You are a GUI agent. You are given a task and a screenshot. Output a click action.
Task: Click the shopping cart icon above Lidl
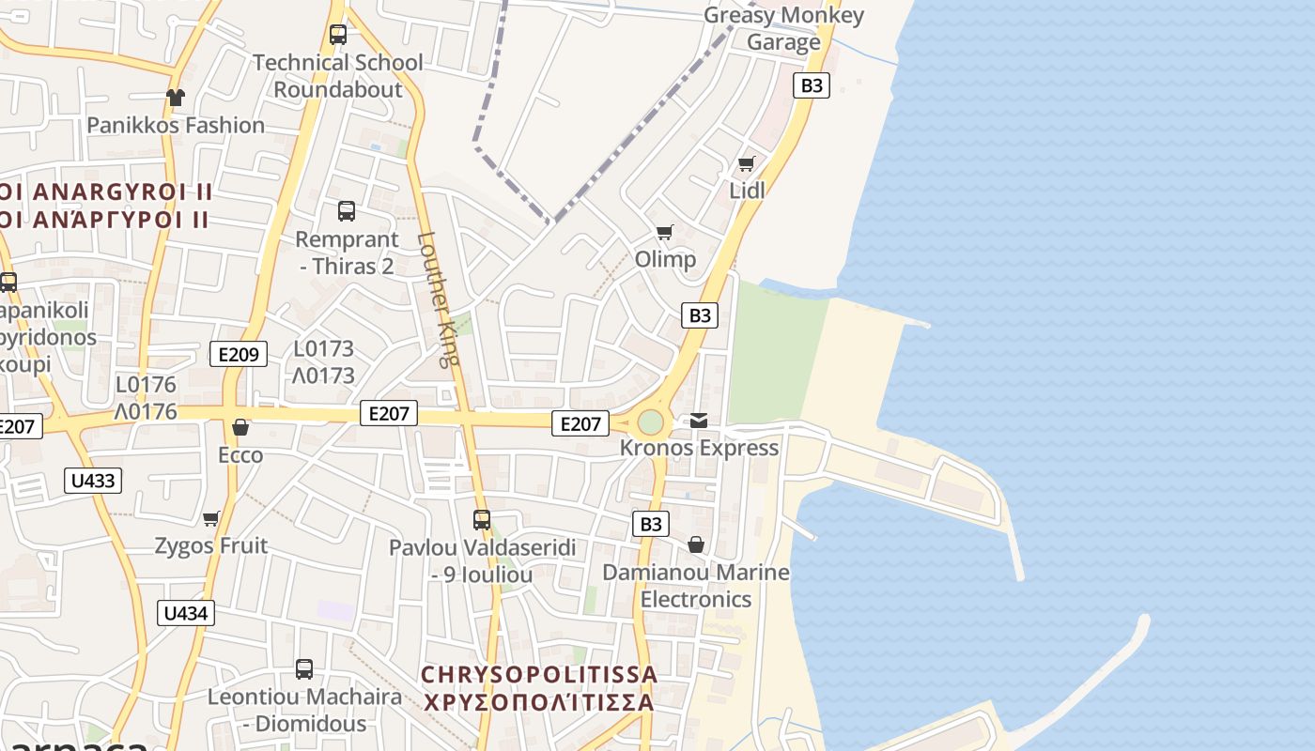[747, 163]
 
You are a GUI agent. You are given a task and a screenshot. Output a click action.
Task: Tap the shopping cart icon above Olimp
[665, 232]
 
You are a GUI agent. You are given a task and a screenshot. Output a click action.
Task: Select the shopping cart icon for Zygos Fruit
[211, 518]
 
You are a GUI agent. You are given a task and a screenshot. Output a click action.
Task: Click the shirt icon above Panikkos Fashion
[175, 97]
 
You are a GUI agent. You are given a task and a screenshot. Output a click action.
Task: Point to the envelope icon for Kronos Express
[699, 421]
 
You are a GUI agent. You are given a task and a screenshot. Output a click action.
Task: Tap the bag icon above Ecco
[240, 427]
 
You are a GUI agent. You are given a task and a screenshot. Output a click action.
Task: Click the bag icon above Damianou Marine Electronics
[696, 544]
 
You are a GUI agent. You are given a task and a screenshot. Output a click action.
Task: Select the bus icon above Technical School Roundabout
[338, 35]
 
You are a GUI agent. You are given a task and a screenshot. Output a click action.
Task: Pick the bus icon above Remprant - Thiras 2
[347, 211]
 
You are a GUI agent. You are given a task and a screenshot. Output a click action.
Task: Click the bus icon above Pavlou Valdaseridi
[482, 519]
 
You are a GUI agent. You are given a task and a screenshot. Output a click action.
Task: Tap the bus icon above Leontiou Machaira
[304, 669]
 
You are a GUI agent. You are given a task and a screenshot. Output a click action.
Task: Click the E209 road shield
[239, 354]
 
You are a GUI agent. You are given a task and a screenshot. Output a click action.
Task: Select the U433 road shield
[93, 481]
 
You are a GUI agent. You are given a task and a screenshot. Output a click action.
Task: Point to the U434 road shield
[186, 613]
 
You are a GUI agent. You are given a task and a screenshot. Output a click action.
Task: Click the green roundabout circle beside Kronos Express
[650, 422]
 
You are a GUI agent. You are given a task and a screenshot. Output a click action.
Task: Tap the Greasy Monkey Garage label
[783, 29]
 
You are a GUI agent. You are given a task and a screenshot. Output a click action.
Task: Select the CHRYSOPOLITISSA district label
[538, 675]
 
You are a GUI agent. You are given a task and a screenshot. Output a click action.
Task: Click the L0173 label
[324, 349]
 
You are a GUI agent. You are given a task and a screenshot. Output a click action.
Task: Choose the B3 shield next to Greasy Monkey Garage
[812, 85]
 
